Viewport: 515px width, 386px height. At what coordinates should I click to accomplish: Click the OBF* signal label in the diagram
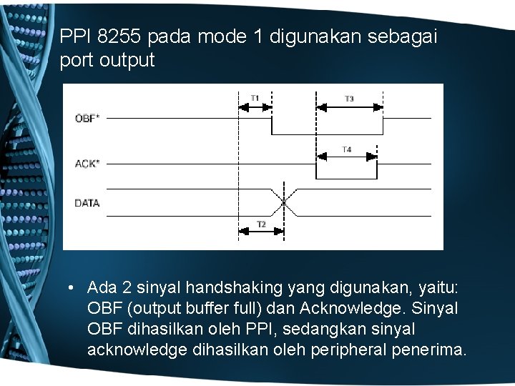click(87, 118)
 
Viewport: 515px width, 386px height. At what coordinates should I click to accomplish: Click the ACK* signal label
click(87, 164)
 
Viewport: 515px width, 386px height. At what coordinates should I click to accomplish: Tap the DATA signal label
click(87, 203)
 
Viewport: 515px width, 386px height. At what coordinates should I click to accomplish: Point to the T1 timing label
click(255, 98)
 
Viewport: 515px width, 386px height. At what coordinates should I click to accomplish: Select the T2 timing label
click(261, 224)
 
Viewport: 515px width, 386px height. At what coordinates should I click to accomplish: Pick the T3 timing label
click(349, 99)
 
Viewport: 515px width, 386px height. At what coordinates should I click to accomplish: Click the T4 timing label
click(346, 149)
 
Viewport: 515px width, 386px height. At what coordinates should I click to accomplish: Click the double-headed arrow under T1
click(255, 107)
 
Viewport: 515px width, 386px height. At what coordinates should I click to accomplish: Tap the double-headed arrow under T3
click(350, 107)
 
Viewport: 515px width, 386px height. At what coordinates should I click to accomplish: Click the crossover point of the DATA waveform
click(284, 203)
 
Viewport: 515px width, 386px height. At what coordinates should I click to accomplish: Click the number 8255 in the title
click(119, 36)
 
